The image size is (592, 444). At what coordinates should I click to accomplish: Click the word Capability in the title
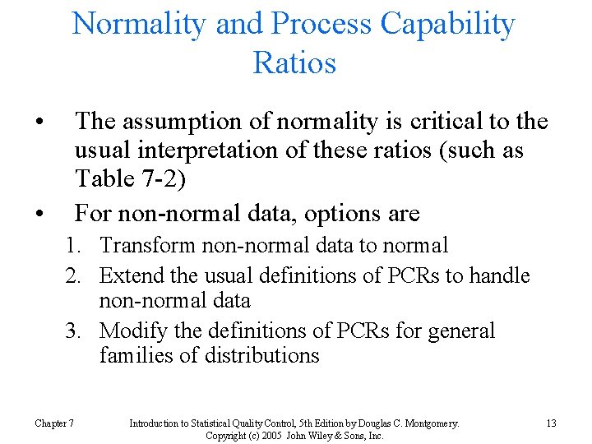447,24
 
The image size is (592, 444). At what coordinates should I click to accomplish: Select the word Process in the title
324,24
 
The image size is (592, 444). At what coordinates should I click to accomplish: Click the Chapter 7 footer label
54,423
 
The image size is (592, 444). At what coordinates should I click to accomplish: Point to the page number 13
551,423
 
